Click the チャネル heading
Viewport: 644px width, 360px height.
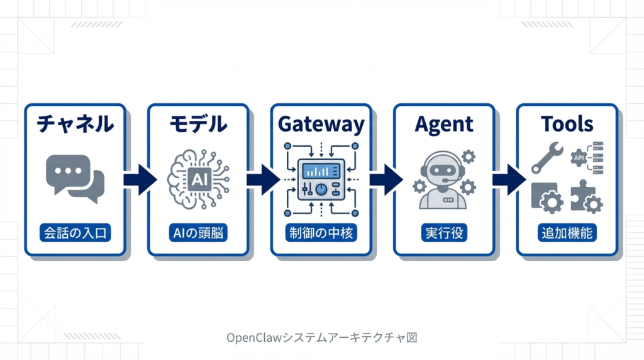coord(75,125)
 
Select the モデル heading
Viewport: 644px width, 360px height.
coord(198,125)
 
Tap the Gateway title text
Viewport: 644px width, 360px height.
coord(321,125)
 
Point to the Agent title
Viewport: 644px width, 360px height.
coord(444,125)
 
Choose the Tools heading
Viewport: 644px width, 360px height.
coord(567,125)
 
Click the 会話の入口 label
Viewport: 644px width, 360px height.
coord(75,233)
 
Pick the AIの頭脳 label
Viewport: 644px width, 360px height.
coord(198,233)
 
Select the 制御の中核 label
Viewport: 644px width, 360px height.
coord(321,233)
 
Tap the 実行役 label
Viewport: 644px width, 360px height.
coord(444,233)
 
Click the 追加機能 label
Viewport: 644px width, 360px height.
coord(567,233)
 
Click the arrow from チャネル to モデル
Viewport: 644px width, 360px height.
coord(138,179)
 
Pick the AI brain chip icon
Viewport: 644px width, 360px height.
coord(198,178)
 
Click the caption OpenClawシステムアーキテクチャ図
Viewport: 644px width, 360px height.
coord(321,337)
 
